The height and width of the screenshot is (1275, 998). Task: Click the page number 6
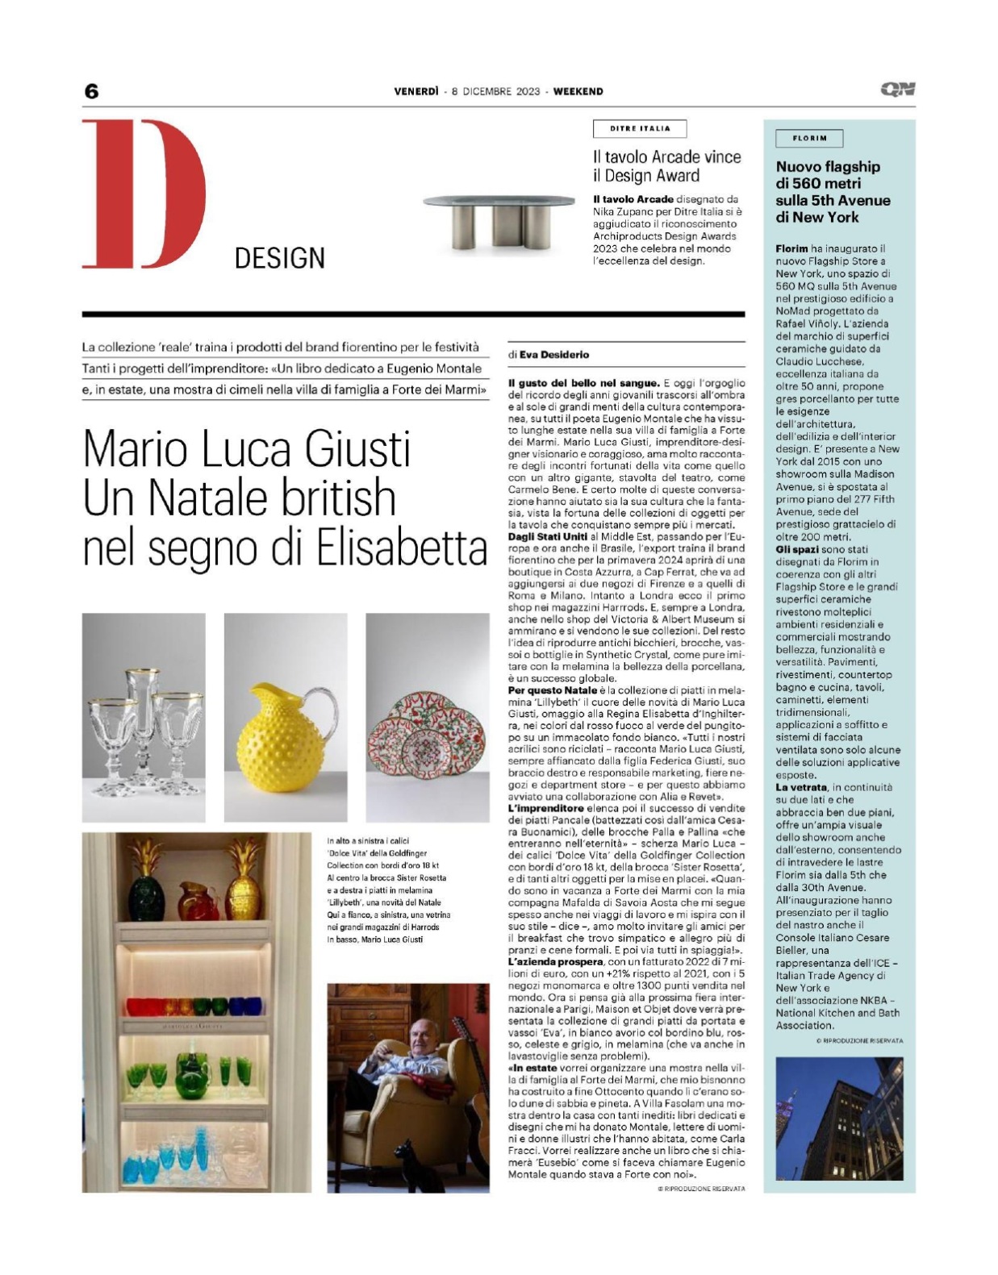pyautogui.click(x=91, y=90)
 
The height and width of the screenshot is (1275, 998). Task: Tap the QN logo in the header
pyautogui.click(x=898, y=90)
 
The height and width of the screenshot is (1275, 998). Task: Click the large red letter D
pyautogui.click(x=143, y=194)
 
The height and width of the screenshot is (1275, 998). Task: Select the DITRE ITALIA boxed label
pyautogui.click(x=640, y=128)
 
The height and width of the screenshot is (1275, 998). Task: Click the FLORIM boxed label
pyautogui.click(x=809, y=138)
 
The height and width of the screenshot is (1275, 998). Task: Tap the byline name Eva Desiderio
pyautogui.click(x=553, y=354)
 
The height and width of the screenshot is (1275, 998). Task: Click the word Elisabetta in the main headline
pyautogui.click(x=401, y=548)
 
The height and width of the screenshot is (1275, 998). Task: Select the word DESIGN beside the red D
pyautogui.click(x=279, y=258)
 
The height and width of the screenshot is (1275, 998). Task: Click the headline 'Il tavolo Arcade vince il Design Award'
pyautogui.click(x=666, y=166)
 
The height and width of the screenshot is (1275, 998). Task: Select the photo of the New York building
pyautogui.click(x=838, y=1119)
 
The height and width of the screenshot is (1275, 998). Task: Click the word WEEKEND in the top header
pyautogui.click(x=578, y=91)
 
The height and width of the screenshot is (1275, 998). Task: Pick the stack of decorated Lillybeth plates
pyautogui.click(x=428, y=733)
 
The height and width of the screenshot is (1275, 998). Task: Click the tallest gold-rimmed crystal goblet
pyautogui.click(x=141, y=710)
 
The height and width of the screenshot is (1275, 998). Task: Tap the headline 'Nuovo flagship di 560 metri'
pyautogui.click(x=833, y=192)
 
